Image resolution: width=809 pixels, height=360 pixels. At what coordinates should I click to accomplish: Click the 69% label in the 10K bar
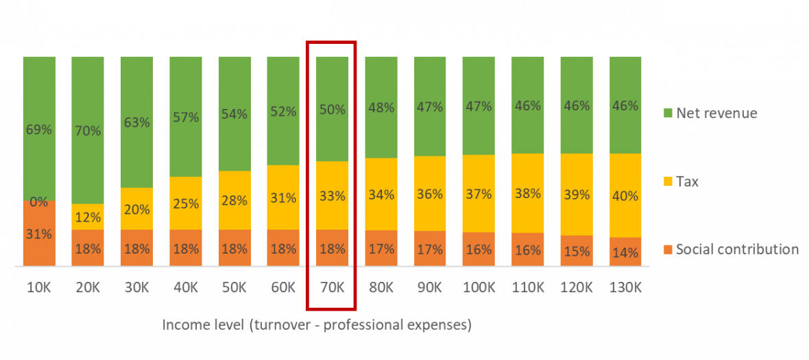[38, 129]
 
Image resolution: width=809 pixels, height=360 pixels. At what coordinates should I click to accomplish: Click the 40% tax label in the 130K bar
[625, 195]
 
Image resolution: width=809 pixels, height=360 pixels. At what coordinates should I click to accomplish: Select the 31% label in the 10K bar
[38, 234]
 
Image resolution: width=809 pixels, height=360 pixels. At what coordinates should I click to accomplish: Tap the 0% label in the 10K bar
[38, 202]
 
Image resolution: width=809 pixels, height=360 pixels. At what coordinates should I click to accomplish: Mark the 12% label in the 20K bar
[88, 217]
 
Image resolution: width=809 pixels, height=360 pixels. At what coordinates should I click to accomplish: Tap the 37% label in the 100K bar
[479, 194]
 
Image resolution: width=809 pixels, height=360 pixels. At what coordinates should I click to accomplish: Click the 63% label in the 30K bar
[136, 123]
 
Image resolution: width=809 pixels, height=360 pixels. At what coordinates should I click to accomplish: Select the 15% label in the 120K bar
[576, 251]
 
